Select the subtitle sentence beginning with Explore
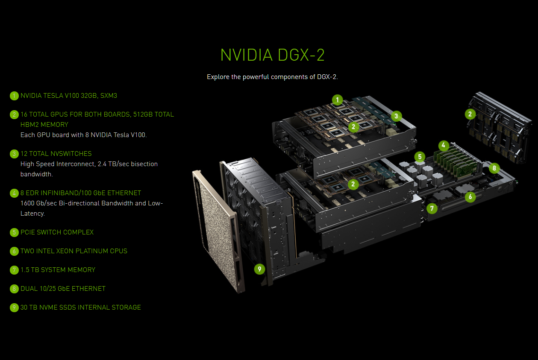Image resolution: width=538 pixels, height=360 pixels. click(272, 77)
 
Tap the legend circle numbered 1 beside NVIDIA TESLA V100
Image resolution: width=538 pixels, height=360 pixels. click(15, 96)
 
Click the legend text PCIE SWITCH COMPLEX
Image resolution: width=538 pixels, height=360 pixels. click(57, 232)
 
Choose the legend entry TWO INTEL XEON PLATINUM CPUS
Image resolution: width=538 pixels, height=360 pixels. click(73, 251)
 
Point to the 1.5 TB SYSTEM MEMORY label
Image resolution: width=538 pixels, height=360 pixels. click(58, 270)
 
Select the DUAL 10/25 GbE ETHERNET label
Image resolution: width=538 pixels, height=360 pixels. click(63, 289)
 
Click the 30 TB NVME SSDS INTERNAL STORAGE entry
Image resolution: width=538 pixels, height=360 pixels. click(80, 307)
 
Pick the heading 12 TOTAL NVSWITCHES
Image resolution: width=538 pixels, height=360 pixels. click(56, 154)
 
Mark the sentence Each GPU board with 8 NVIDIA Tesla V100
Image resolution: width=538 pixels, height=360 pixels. click(83, 135)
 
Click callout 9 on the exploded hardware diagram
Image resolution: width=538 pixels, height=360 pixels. click(259, 269)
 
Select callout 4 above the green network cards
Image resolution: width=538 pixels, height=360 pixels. click(444, 146)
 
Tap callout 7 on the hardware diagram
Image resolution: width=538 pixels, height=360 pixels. click(432, 208)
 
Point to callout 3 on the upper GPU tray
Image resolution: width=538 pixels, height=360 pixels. click(396, 116)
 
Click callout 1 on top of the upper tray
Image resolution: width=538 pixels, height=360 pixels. click(338, 100)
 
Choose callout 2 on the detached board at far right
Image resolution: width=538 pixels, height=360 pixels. click(470, 114)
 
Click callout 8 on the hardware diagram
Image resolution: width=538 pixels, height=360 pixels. click(494, 168)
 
